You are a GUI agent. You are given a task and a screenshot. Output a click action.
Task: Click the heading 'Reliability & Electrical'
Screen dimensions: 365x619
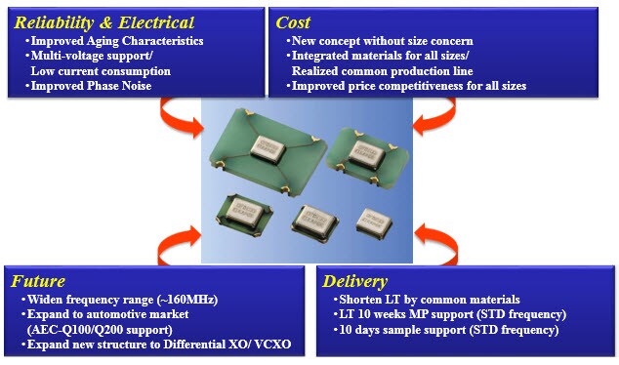tap(103, 21)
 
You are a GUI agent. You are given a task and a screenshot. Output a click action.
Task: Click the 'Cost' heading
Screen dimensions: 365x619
tap(295, 21)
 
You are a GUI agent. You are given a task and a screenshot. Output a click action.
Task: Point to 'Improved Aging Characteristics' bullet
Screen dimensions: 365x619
tap(117, 41)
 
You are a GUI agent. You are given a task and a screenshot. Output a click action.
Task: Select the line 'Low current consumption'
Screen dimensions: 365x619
tap(101, 71)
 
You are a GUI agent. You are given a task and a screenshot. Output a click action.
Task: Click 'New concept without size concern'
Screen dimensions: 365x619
tap(384, 41)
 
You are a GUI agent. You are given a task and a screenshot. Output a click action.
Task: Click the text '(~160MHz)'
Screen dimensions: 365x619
tap(184, 299)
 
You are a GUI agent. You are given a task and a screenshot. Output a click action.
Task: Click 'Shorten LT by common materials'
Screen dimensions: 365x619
tap(423, 299)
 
